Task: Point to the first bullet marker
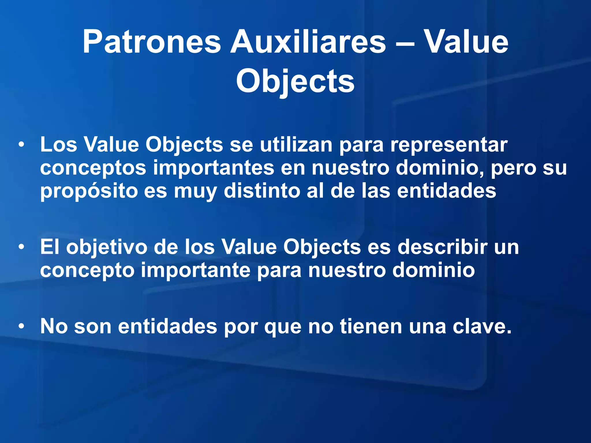tap(21, 144)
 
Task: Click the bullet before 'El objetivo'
tap(21, 247)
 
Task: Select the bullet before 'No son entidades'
tap(21, 326)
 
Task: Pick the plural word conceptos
tap(93, 168)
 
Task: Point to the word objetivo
tap(106, 247)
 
